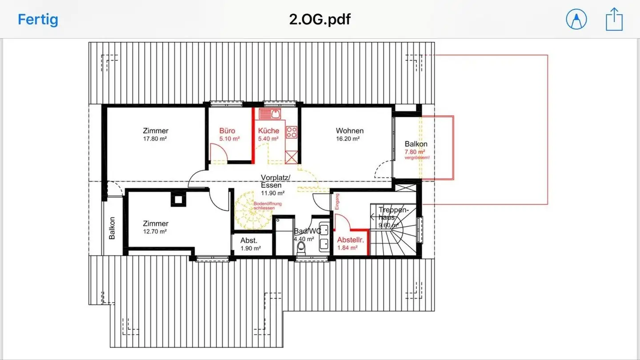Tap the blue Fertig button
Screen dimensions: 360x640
(38, 20)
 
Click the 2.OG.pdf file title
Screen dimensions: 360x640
(320, 19)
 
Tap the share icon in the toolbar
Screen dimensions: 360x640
(615, 20)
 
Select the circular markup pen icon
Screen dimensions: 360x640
(576, 20)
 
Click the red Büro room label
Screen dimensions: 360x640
(227, 131)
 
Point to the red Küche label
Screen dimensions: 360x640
(268, 131)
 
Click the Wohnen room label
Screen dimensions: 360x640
(349, 131)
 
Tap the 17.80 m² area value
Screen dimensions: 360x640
(155, 139)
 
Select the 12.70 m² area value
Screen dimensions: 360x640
(155, 232)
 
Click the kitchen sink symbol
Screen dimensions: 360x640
(270, 114)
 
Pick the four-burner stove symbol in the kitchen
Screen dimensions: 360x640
(292, 132)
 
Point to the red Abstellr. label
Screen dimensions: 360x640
(351, 240)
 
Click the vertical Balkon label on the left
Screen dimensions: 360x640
(112, 228)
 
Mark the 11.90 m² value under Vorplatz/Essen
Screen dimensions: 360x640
(273, 193)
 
